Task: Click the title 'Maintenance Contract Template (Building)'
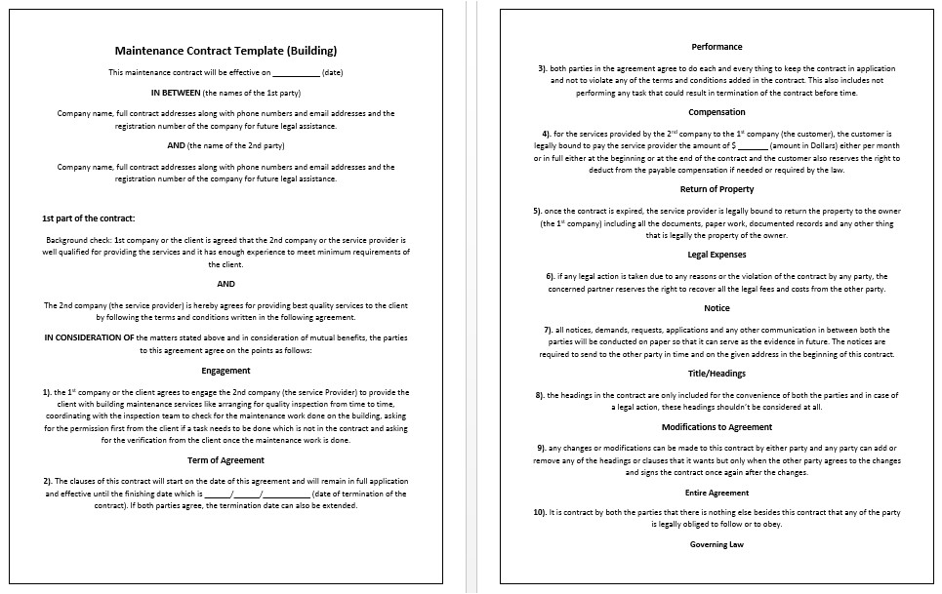point(225,51)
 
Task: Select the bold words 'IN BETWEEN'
point(175,93)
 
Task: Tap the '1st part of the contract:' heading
point(89,218)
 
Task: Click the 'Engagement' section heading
point(225,371)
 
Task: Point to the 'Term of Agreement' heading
point(225,459)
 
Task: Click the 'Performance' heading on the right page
point(717,47)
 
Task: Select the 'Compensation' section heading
point(717,112)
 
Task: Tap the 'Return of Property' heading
point(717,189)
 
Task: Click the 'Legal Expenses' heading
point(717,255)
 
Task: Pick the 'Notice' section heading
point(717,308)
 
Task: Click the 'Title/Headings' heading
point(717,374)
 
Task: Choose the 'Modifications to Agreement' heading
point(717,427)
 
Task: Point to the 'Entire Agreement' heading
point(717,493)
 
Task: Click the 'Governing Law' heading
point(717,544)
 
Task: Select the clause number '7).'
point(549,330)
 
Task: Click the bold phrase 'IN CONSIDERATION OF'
point(89,338)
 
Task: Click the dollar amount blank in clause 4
point(755,145)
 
